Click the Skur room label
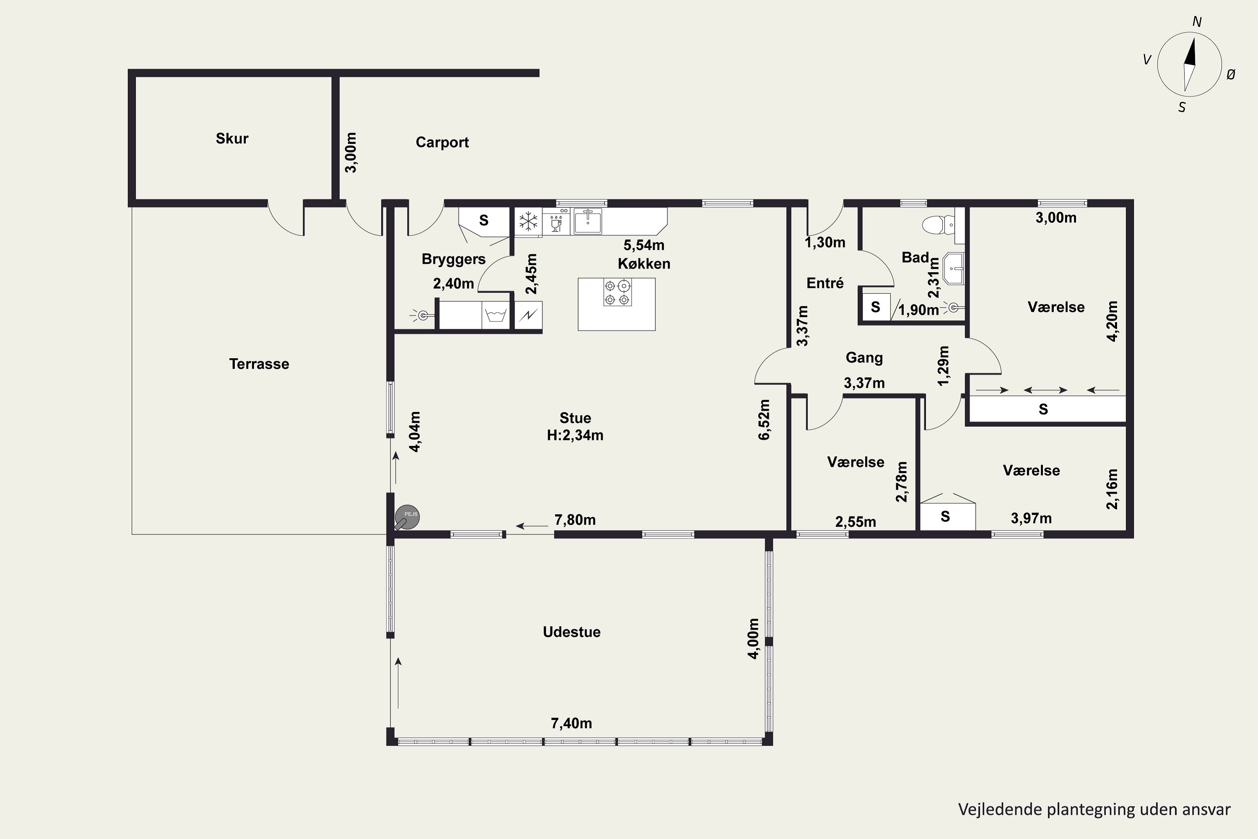[x=232, y=138]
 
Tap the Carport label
[x=442, y=142]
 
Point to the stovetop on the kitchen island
[x=617, y=292]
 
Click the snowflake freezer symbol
[x=528, y=221]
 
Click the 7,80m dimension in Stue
[x=575, y=520]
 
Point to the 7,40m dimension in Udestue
[x=571, y=723]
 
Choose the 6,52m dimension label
[x=764, y=420]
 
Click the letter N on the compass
[x=1197, y=22]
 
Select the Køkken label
[x=644, y=264]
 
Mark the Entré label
[x=825, y=283]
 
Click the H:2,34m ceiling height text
[x=575, y=435]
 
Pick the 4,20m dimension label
[x=1112, y=321]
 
